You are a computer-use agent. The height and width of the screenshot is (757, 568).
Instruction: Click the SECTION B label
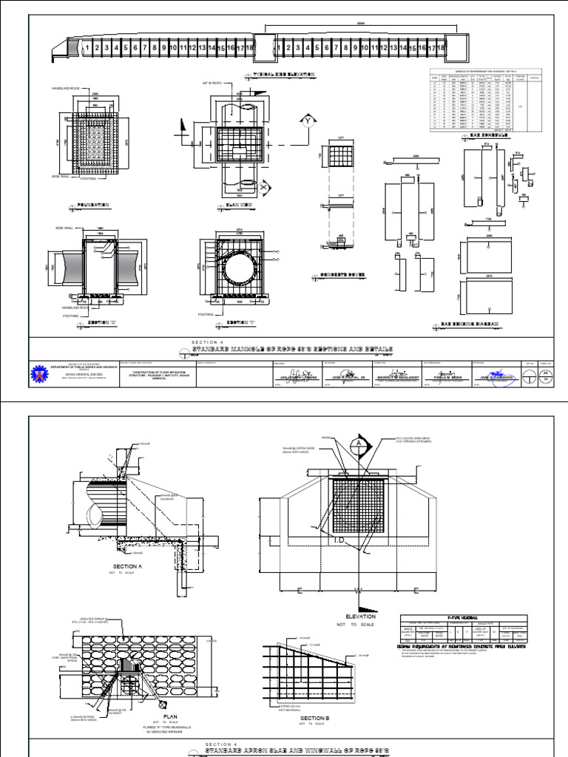tap(314, 716)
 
